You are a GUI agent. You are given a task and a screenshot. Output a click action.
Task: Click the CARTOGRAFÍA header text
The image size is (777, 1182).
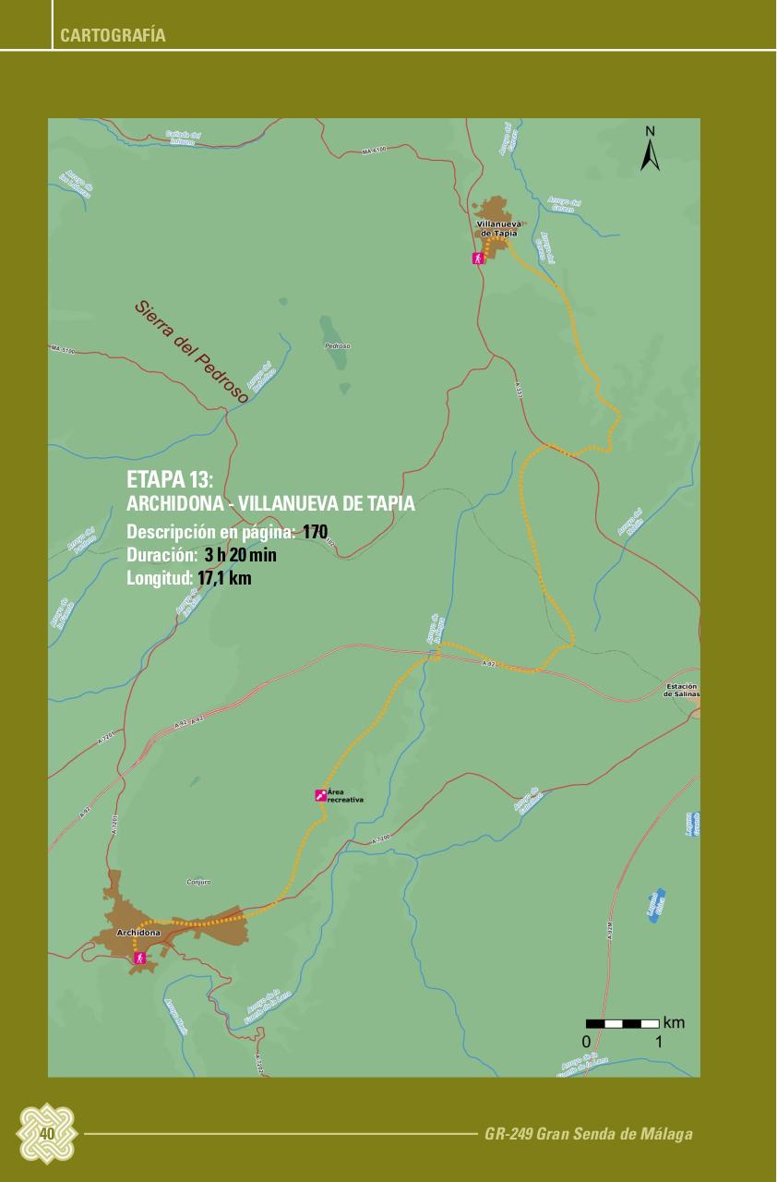coord(113,36)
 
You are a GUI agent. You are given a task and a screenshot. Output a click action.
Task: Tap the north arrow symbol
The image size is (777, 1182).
coord(650,150)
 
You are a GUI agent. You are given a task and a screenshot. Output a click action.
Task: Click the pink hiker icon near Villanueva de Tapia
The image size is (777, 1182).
coord(478,259)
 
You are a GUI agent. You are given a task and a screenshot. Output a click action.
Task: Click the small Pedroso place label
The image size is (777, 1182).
coord(337,346)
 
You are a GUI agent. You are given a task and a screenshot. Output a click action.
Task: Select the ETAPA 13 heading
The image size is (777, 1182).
coord(170,480)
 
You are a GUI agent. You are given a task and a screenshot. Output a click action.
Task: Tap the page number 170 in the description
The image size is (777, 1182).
coord(315,532)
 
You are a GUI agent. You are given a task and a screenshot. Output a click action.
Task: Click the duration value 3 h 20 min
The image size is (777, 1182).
coord(240,555)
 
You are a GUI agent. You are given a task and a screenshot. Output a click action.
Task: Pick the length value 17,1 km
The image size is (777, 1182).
coord(224,578)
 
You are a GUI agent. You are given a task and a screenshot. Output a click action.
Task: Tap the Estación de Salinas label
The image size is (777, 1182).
coord(681,690)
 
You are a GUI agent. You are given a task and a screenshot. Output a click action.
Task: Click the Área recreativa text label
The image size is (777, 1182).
coord(346,796)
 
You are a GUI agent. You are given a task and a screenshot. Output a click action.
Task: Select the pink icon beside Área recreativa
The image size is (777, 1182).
coord(320,794)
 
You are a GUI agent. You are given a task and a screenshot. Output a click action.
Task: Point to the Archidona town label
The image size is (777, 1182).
coord(138,933)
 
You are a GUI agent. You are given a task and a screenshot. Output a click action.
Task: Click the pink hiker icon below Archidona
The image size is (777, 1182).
coord(139,959)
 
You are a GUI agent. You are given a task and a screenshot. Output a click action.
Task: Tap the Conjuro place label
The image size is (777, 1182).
coord(198,882)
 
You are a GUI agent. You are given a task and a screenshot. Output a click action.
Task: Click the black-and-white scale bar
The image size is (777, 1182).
coord(622,1023)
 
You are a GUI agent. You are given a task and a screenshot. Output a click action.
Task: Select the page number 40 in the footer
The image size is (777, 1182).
coord(46,1133)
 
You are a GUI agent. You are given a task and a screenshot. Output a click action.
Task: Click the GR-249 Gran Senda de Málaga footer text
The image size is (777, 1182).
coord(588,1134)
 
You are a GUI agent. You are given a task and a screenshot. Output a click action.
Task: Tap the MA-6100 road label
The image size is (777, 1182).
coord(374,150)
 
